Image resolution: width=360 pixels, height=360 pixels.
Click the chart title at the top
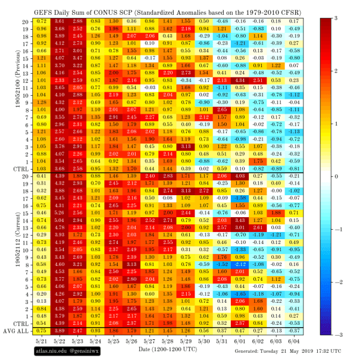click(x=167, y=7)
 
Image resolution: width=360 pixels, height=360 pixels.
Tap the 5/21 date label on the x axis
click(x=42, y=340)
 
